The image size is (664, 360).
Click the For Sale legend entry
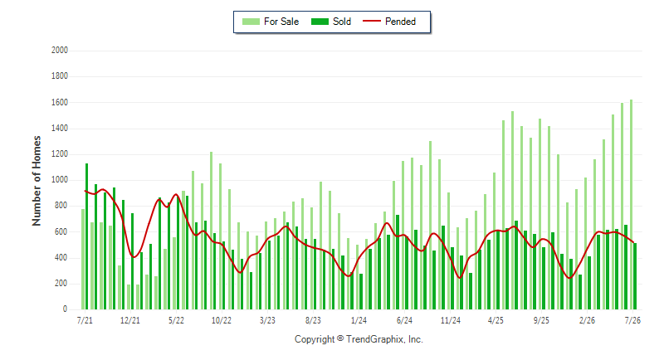coord(271,22)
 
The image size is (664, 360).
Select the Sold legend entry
coord(331,22)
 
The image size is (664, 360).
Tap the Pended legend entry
coord(389,22)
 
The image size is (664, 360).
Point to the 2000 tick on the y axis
coord(60,51)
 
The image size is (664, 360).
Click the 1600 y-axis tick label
coord(60,102)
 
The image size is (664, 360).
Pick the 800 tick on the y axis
coord(61,206)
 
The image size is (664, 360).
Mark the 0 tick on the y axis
coord(66,309)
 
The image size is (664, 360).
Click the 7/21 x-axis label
coord(85,320)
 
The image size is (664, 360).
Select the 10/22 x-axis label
coord(222,320)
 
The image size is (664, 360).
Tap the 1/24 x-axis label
coord(359,320)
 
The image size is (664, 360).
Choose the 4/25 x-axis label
coord(496,320)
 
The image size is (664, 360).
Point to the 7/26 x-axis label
coord(632,320)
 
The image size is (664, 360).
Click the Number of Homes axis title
coord(37,181)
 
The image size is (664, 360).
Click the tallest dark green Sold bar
coord(87,236)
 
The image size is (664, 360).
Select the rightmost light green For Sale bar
coord(631,205)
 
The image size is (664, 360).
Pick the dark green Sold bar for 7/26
coord(635,276)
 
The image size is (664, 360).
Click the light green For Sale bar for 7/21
coord(83,260)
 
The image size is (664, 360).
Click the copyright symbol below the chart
coord(340,338)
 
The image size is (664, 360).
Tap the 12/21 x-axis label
coord(130,320)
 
